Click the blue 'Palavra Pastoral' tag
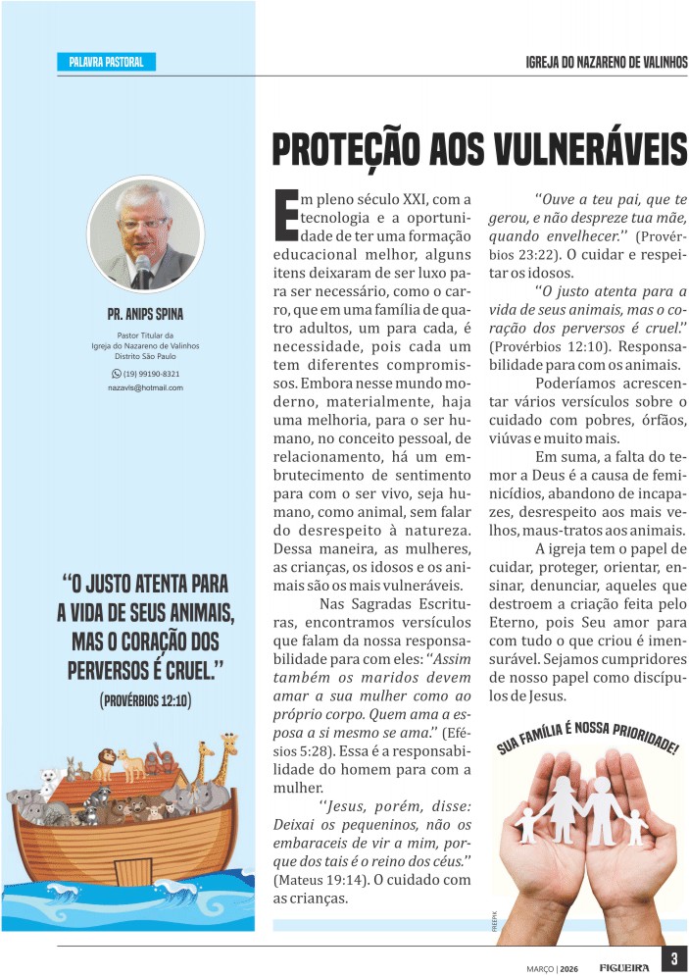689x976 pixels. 106,63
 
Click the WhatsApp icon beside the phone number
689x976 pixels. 116,374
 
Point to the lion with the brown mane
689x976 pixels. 106,761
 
